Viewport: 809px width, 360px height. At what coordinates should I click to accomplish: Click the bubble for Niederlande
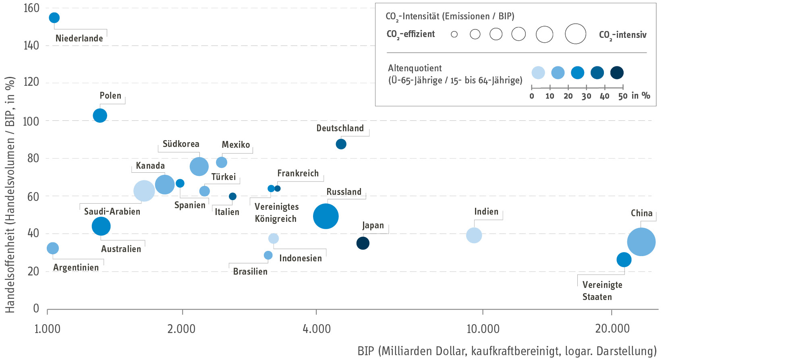click(x=54, y=18)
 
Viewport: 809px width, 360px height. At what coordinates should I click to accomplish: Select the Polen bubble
click(x=100, y=116)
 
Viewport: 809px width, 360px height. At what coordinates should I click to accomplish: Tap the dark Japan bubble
click(x=363, y=243)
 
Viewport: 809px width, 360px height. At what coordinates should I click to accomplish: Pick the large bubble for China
click(x=641, y=242)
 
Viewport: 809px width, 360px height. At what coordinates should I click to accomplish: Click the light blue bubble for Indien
click(x=474, y=236)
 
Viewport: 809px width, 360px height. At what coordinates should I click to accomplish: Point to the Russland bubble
click(x=326, y=216)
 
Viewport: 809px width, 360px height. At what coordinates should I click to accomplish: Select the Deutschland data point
click(x=341, y=144)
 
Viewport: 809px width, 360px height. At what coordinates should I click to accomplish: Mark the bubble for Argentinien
click(x=53, y=248)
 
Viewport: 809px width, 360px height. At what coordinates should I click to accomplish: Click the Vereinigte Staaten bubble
click(x=624, y=260)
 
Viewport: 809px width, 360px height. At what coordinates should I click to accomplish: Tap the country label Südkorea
click(x=181, y=144)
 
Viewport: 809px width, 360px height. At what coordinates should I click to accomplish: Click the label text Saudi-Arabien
click(x=112, y=212)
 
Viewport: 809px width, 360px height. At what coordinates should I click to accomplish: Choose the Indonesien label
click(x=301, y=259)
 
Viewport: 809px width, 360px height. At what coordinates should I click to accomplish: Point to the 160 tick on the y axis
click(x=31, y=8)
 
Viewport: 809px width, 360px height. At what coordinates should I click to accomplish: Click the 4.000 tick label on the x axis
click(x=317, y=329)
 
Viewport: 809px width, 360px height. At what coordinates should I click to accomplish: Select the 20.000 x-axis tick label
click(x=612, y=329)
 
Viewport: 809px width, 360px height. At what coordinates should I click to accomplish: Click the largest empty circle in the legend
click(x=575, y=34)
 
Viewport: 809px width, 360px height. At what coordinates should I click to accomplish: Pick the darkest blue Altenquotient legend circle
click(x=617, y=73)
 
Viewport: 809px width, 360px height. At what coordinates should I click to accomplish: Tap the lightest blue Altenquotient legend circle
click(x=538, y=73)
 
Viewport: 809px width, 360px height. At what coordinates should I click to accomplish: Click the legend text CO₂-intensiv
click(x=623, y=35)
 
